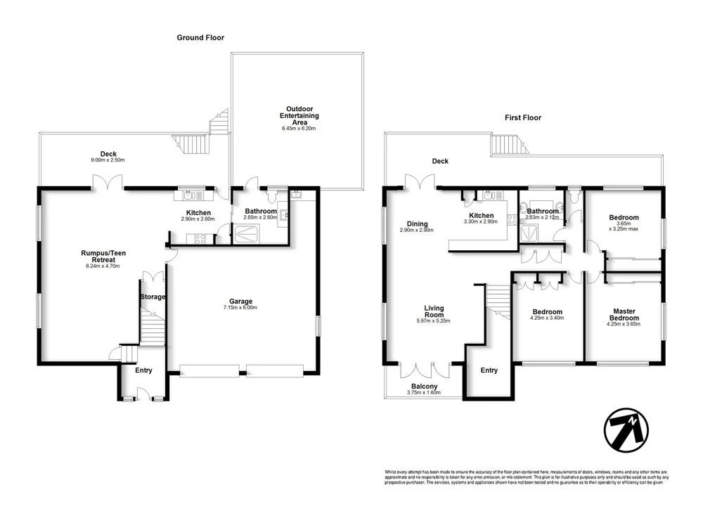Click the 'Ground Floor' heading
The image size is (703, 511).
[200, 38]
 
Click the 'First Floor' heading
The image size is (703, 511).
[523, 118]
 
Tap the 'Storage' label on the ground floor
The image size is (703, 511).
[152, 297]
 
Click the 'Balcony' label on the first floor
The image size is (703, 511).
[424, 387]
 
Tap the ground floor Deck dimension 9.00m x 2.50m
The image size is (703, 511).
[108, 160]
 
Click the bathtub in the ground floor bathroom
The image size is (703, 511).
[247, 238]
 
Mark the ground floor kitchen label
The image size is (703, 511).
[198, 212]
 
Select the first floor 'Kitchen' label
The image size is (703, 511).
[482, 216]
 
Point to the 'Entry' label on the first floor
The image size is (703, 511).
[489, 370]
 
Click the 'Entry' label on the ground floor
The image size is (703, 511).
[143, 370]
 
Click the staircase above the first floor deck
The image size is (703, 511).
[507, 145]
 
